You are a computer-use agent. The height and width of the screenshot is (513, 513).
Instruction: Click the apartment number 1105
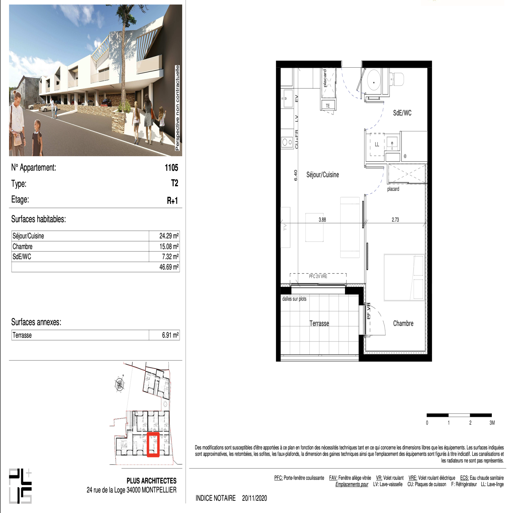(171, 168)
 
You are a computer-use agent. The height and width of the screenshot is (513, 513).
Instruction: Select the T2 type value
(174, 183)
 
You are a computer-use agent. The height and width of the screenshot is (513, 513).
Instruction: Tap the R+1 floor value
(172, 201)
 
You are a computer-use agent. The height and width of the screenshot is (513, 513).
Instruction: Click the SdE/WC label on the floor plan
(402, 113)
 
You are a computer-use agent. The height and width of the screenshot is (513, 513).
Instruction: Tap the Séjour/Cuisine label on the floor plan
(323, 175)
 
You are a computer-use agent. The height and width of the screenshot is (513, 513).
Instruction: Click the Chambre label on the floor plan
(403, 324)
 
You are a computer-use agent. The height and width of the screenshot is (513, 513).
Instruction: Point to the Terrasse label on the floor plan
(319, 324)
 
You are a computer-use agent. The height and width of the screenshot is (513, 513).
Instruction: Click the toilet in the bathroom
(397, 79)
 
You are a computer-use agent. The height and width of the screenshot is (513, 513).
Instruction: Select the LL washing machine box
(377, 144)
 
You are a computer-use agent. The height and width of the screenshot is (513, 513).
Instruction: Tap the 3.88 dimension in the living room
(322, 220)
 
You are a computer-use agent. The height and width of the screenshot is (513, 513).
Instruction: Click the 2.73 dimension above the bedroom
(395, 220)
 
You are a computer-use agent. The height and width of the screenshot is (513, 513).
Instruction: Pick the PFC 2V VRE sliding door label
(318, 276)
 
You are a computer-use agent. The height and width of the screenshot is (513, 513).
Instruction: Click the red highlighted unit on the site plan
(153, 444)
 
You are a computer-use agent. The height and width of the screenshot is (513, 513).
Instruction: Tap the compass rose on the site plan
(120, 383)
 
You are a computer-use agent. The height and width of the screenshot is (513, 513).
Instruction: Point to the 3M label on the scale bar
(492, 423)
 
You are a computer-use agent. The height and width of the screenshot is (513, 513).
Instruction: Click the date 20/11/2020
(255, 498)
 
